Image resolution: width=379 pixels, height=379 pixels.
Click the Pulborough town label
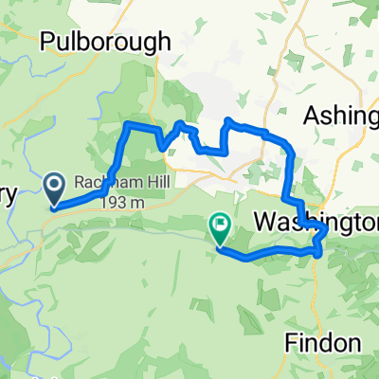(105, 42)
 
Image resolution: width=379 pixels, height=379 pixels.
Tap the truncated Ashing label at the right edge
(340, 115)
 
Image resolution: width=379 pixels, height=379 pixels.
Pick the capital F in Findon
(291, 342)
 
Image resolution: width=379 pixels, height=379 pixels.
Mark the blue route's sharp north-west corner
(127, 124)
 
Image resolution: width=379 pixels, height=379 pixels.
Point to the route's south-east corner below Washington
(316, 253)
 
